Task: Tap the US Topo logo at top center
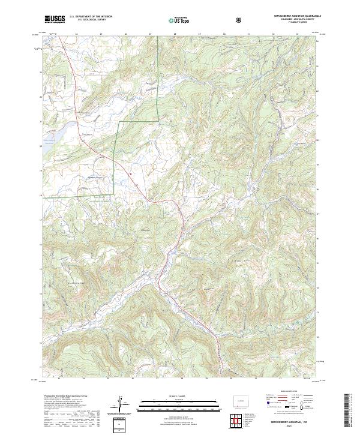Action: pos(178,20)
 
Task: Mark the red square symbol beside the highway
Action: pos(131,175)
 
